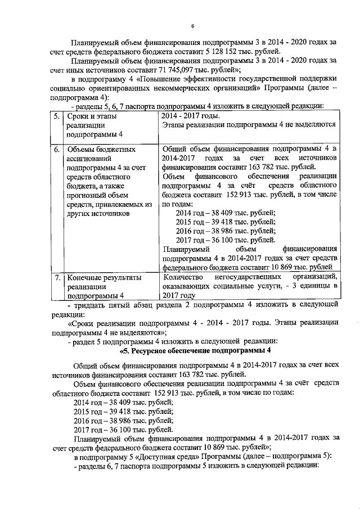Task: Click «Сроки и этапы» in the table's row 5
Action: point(90,117)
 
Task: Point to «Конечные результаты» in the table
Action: point(104,277)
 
